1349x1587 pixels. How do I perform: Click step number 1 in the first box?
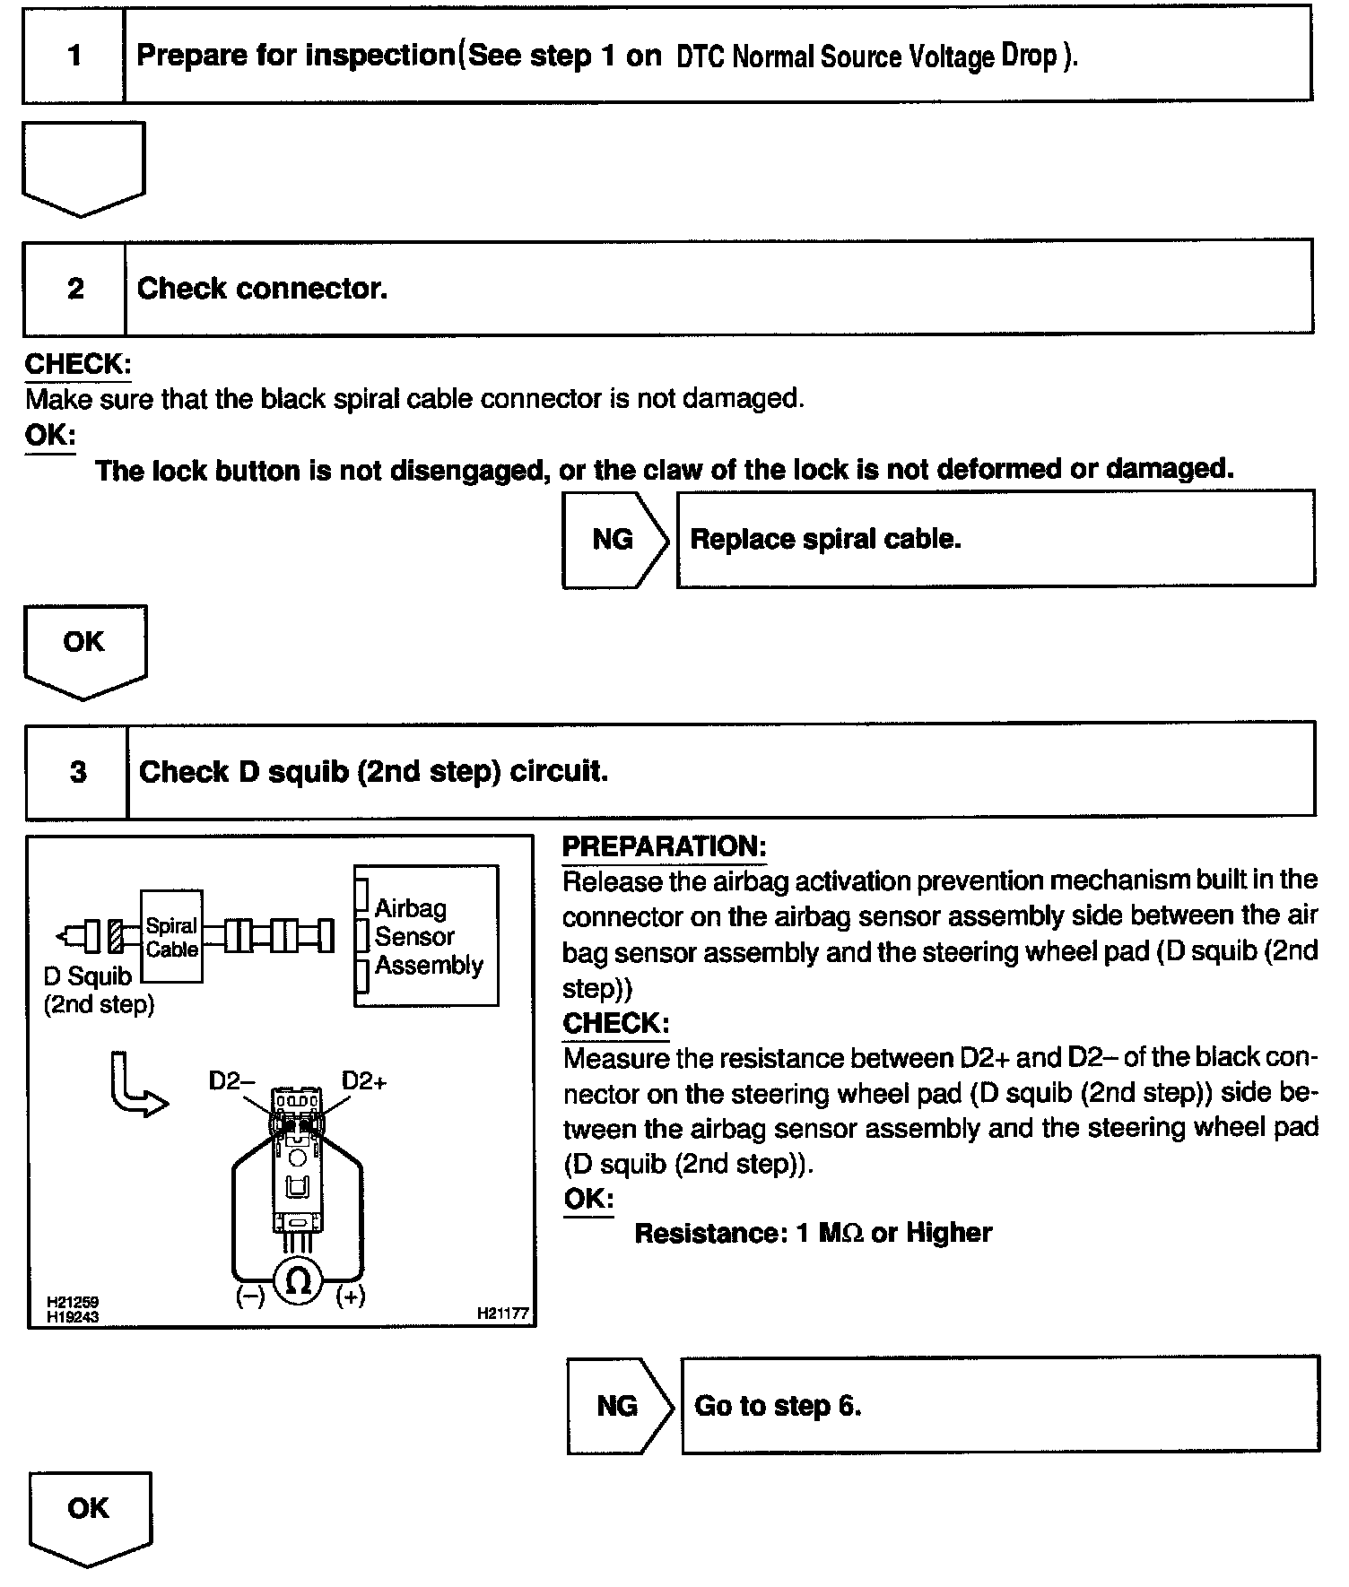(74, 56)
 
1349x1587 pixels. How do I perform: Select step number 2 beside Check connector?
(75, 288)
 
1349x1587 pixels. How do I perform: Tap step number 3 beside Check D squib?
(78, 772)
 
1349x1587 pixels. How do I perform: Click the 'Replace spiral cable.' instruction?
(825, 539)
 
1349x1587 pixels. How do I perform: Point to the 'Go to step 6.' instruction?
(778, 1405)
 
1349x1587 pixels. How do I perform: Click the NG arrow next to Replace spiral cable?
(614, 539)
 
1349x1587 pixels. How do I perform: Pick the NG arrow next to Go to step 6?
(618, 1405)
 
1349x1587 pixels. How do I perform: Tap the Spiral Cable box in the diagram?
(171, 937)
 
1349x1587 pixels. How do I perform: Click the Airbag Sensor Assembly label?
(428, 936)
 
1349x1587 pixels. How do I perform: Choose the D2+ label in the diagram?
(364, 1081)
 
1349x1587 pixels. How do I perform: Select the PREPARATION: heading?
(664, 846)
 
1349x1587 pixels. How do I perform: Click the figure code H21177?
(502, 1314)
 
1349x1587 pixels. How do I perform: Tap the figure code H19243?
(74, 1316)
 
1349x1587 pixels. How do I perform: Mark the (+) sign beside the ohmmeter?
(351, 1296)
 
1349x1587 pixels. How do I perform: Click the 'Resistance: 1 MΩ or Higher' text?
(813, 1233)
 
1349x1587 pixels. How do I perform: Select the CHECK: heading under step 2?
(78, 364)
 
